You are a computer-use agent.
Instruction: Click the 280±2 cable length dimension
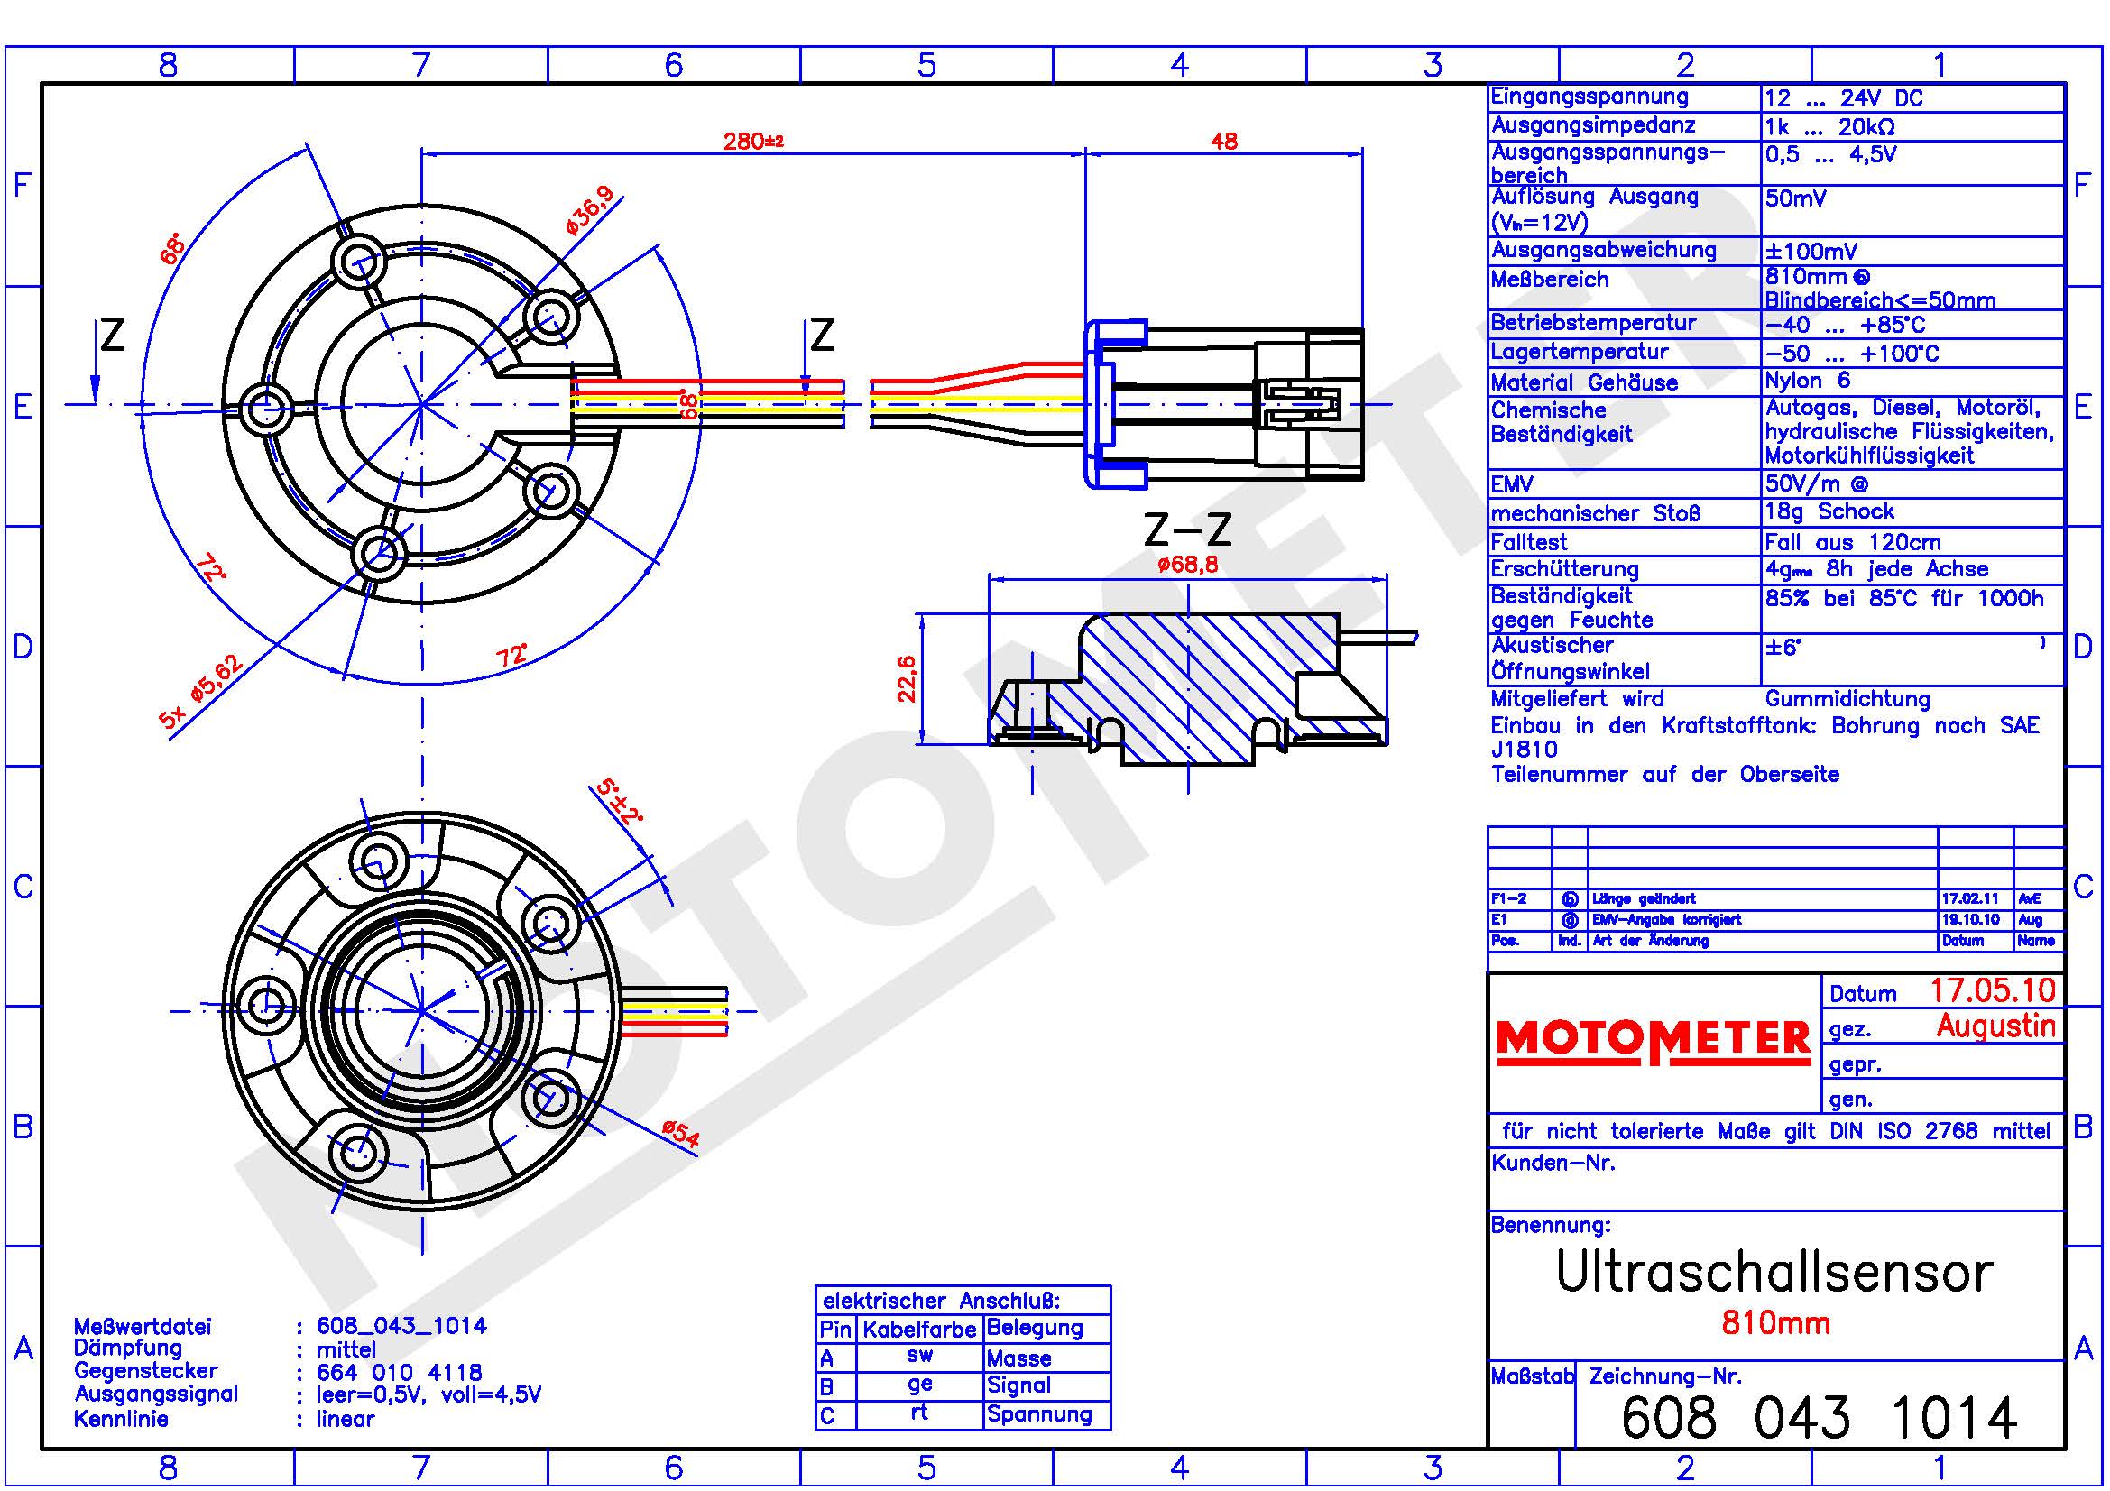click(752, 142)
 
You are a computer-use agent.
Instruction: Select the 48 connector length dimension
click(1224, 142)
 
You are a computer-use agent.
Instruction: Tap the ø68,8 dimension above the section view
click(1187, 564)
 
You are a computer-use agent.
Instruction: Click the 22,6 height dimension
click(906, 679)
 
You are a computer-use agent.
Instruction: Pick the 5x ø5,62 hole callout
click(201, 692)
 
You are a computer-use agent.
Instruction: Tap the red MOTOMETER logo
click(1654, 1040)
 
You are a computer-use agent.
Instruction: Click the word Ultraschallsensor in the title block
click(1774, 1273)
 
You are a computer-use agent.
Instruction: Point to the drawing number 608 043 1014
click(1819, 1419)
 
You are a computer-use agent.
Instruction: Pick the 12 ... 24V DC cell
click(1844, 98)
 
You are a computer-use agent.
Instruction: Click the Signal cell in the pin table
click(1018, 1385)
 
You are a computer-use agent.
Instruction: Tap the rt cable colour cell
click(919, 1413)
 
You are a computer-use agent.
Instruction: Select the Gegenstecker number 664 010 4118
click(399, 1373)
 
